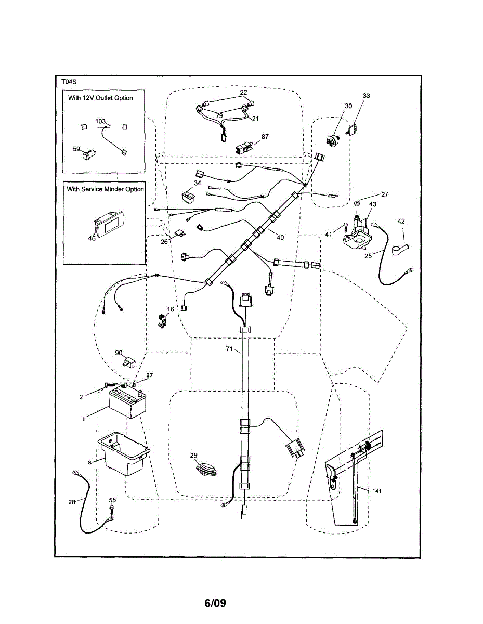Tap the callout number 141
(378, 490)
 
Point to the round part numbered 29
(204, 467)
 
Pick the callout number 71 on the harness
(229, 349)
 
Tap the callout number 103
(100, 121)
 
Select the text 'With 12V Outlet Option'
(100, 98)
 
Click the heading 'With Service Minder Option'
(105, 189)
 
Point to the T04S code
(69, 82)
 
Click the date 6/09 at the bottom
(215, 603)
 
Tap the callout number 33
(367, 96)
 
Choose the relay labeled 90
(128, 363)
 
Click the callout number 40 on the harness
(280, 238)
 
